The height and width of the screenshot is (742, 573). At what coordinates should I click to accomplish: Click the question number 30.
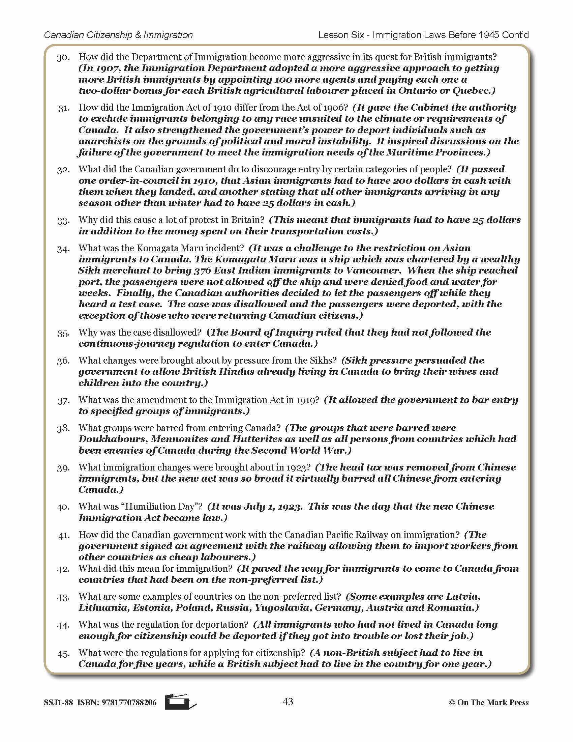(x=63, y=58)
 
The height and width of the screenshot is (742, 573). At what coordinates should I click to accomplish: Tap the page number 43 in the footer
(x=288, y=702)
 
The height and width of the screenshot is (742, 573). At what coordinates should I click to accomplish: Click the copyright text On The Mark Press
(x=492, y=703)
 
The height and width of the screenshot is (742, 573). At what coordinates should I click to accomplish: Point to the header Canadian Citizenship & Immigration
(x=118, y=35)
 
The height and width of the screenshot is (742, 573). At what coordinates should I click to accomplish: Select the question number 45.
(x=63, y=654)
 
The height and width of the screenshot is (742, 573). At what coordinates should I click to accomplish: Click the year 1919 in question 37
(x=307, y=400)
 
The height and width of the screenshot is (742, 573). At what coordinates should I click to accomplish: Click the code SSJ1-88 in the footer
(x=58, y=703)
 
